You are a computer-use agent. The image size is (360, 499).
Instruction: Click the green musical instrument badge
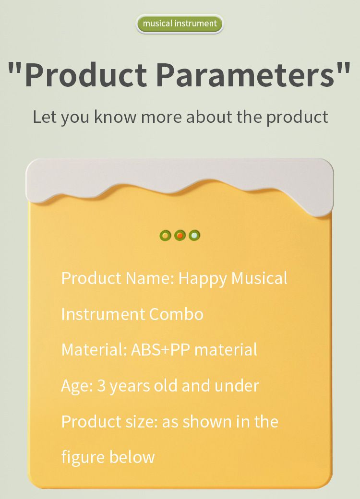pos(180,24)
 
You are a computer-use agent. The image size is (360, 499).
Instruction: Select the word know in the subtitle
pos(115,117)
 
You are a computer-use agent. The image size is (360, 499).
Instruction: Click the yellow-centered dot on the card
pos(165,236)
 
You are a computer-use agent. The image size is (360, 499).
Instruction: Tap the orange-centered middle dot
pos(180,236)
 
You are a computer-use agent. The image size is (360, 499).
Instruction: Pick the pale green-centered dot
pos(194,236)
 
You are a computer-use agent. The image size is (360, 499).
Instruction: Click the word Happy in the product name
pos(203,279)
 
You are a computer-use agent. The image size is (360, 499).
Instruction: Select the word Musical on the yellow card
pos(259,278)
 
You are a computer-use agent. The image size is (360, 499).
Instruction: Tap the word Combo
pos(176,314)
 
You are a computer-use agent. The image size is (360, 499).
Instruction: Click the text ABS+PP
pos(160,350)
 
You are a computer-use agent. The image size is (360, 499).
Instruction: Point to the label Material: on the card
pos(94,350)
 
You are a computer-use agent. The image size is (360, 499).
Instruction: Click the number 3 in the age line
pos(101,386)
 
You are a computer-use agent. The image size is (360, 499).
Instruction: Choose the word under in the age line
pos(237,386)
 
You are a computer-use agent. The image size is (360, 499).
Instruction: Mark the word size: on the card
pos(142,422)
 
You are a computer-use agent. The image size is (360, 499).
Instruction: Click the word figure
pos(83,458)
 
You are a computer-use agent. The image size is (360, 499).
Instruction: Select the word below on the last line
pos(132,457)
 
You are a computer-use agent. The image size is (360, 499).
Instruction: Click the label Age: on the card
pos(77,386)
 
